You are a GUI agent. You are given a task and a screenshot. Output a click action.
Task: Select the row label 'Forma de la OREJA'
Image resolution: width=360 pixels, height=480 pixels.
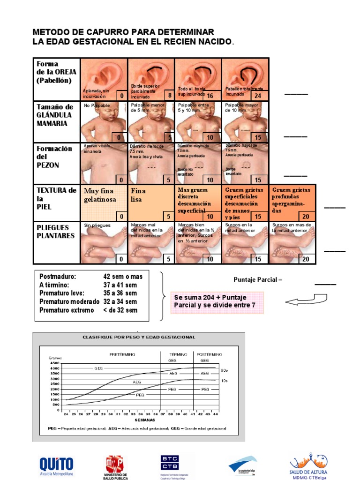coord(56,72)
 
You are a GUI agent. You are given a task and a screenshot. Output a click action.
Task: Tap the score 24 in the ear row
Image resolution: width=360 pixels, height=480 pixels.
coord(258,96)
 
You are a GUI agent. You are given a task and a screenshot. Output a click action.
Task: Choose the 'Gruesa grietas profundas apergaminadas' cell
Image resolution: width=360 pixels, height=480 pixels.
coord(292,202)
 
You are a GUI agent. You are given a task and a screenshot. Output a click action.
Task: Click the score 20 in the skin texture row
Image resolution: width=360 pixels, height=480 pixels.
coord(306,216)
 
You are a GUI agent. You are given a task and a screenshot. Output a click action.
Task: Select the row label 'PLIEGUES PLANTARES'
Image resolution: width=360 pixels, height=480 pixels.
coord(56,232)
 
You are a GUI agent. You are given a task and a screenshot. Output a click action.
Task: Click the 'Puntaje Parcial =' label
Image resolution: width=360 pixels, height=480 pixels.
coord(258,280)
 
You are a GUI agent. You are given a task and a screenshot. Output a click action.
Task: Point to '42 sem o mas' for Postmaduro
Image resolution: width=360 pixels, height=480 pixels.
coord(123,277)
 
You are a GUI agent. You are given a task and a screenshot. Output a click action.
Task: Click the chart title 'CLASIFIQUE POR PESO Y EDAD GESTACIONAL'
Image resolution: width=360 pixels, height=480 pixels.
coord(139,337)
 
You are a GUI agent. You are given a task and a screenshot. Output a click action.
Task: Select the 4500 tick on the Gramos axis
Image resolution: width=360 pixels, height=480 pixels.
coord(54,363)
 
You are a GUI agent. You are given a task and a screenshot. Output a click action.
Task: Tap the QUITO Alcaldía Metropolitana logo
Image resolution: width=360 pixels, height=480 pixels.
coord(56,466)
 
